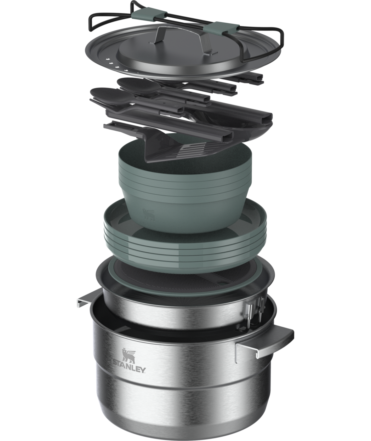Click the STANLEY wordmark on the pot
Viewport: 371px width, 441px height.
pos(129,369)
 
